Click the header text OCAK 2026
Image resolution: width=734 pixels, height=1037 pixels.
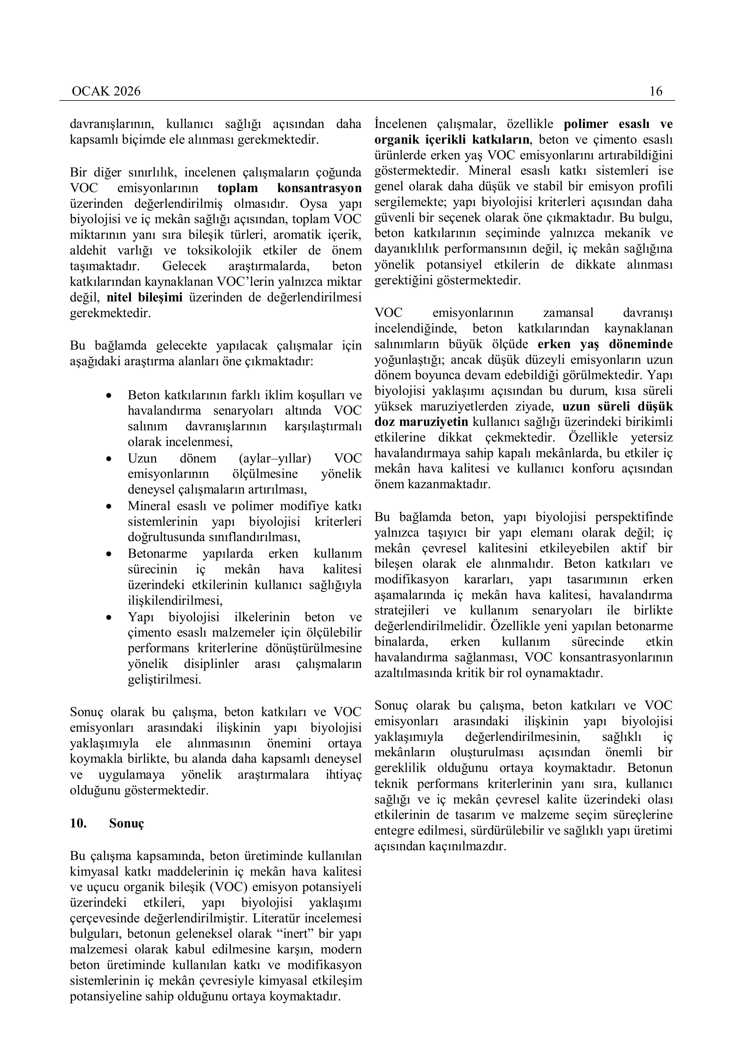106,92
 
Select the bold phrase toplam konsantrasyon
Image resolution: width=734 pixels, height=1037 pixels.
289,188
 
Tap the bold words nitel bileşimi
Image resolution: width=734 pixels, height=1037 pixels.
145,297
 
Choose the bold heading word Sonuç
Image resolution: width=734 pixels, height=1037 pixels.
127,823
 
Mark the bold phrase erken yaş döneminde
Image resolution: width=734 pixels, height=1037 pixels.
605,344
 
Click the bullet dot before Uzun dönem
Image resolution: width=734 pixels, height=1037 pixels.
109,459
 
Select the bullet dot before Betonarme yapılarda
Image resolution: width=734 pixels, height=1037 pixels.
109,554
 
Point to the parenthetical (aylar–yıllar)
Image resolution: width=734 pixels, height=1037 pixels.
274,458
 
